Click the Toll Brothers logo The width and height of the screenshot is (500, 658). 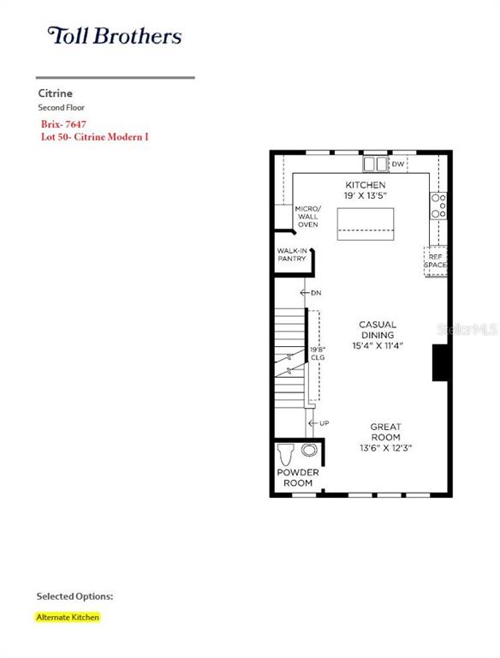pyautogui.click(x=115, y=36)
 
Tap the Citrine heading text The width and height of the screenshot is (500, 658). pyautogui.click(x=56, y=93)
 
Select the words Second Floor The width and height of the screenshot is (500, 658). pyautogui.click(x=62, y=107)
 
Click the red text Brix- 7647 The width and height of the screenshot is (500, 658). pyautogui.click(x=63, y=124)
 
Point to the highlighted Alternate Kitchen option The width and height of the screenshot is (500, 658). pyautogui.click(x=68, y=617)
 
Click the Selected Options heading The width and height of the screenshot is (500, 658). pyautogui.click(x=74, y=596)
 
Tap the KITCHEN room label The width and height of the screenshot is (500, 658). pyautogui.click(x=366, y=185)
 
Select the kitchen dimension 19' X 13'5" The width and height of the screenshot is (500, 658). pyautogui.click(x=365, y=195)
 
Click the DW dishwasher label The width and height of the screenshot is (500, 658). pyautogui.click(x=397, y=164)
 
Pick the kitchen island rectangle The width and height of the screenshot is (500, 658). pyautogui.click(x=366, y=224)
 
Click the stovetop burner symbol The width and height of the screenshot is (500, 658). pyautogui.click(x=438, y=206)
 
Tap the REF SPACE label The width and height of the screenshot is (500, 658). pyautogui.click(x=436, y=261)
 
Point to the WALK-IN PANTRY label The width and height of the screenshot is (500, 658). pyautogui.click(x=292, y=254)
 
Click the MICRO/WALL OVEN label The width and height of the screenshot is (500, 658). pyautogui.click(x=308, y=217)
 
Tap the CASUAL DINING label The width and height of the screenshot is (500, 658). pyautogui.click(x=378, y=330)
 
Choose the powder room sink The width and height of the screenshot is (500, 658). pyautogui.click(x=309, y=450)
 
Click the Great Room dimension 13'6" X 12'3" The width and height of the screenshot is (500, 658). pyautogui.click(x=385, y=448)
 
